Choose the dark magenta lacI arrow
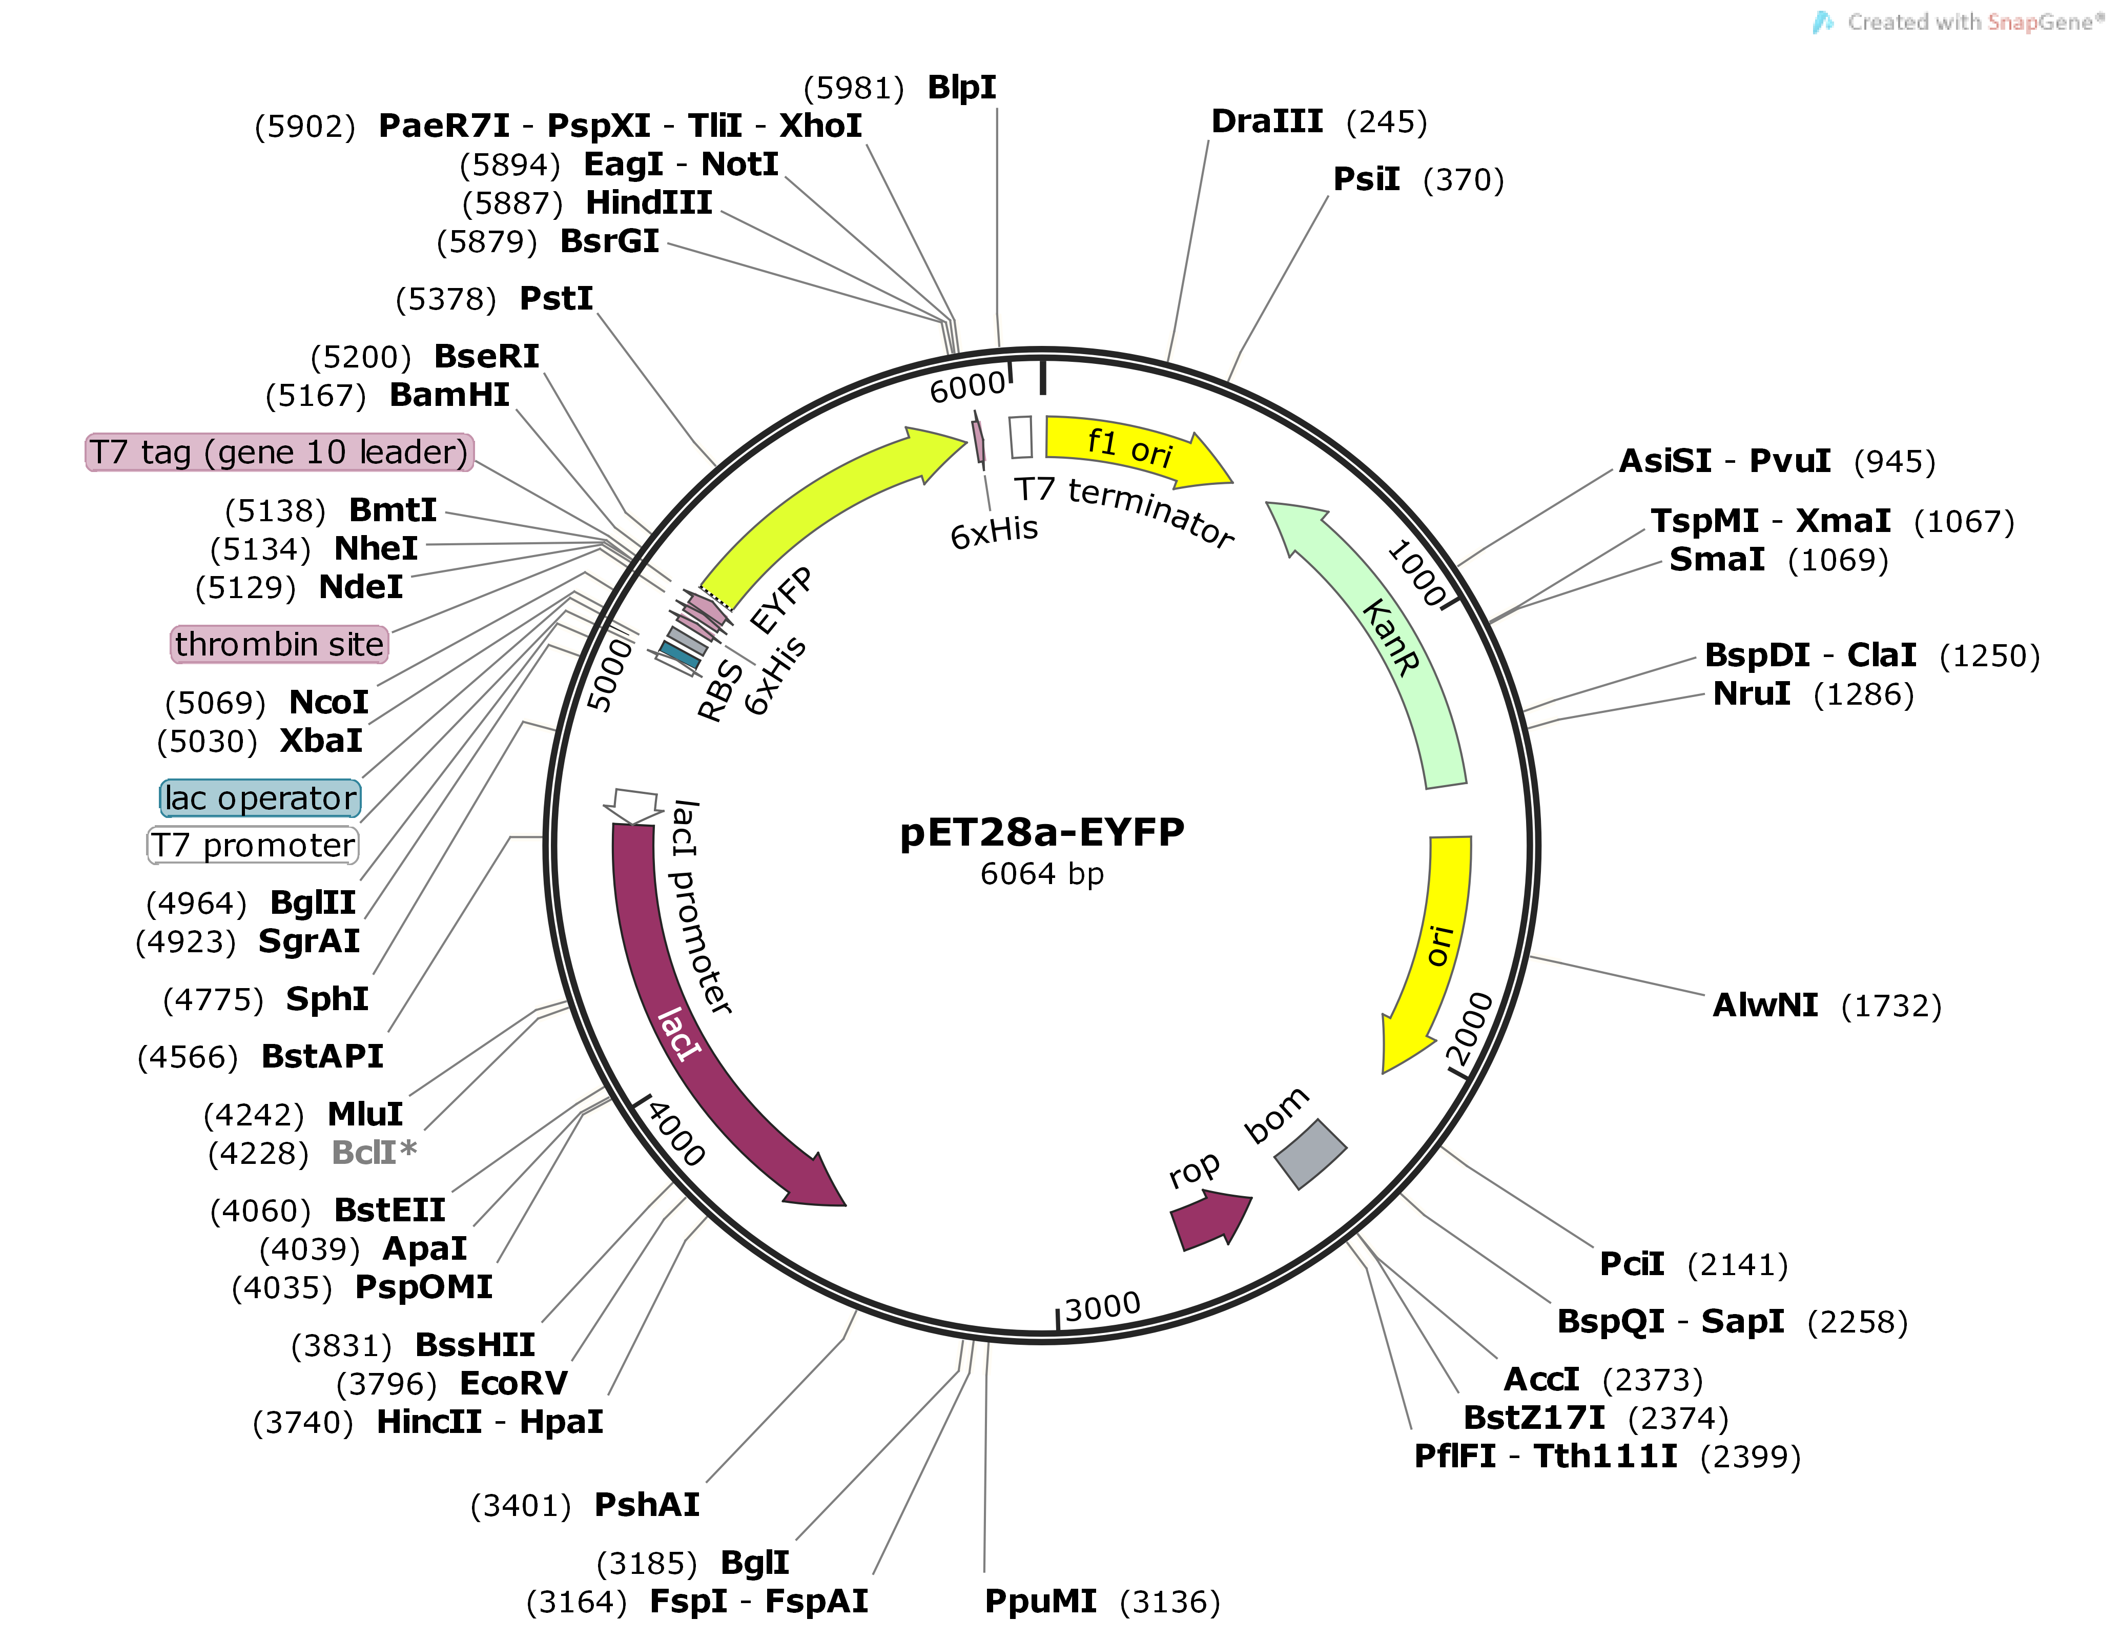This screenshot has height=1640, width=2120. pyautogui.click(x=699, y=1029)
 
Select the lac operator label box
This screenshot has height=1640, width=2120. pyautogui.click(x=260, y=798)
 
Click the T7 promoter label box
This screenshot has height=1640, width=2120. pyautogui.click(x=252, y=845)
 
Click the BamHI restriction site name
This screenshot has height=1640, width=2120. pyautogui.click(x=449, y=395)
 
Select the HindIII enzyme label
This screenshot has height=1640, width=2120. pyautogui.click(x=648, y=203)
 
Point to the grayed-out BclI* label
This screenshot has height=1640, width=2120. pyautogui.click(x=374, y=1153)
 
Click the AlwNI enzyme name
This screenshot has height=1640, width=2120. pyautogui.click(x=1765, y=1005)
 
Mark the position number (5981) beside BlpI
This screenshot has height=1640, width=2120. pyautogui.click(x=853, y=88)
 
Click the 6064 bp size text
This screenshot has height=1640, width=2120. pyautogui.click(x=1042, y=874)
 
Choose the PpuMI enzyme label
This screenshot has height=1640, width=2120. pyautogui.click(x=1041, y=1601)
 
